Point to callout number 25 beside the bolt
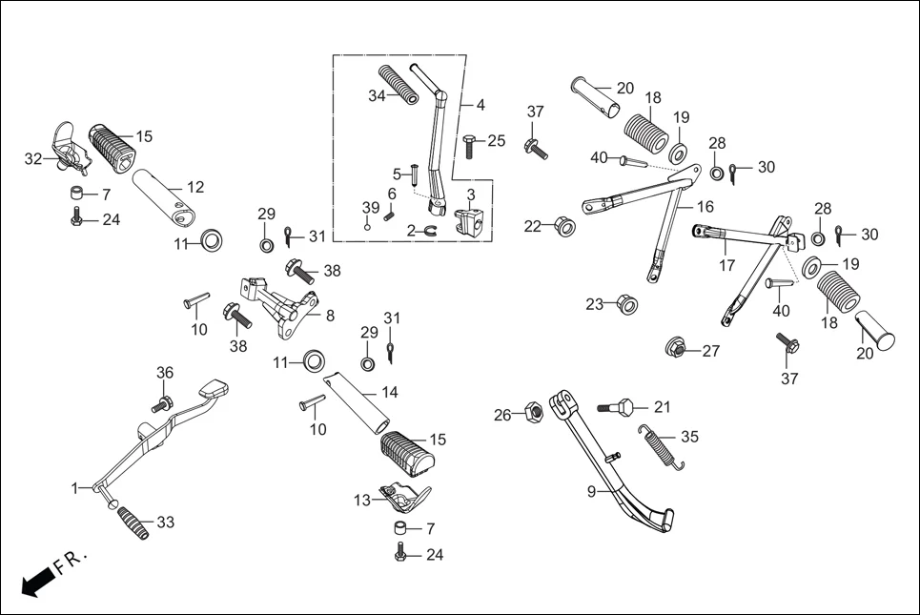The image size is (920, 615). (497, 141)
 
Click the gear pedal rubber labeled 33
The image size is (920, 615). (133, 523)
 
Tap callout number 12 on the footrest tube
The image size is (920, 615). (194, 187)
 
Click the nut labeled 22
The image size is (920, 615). (562, 226)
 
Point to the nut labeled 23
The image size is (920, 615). (625, 305)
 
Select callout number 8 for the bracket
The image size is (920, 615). (330, 316)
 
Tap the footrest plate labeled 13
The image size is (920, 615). (404, 495)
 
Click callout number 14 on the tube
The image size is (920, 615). (390, 392)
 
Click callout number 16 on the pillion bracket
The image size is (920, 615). (705, 207)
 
